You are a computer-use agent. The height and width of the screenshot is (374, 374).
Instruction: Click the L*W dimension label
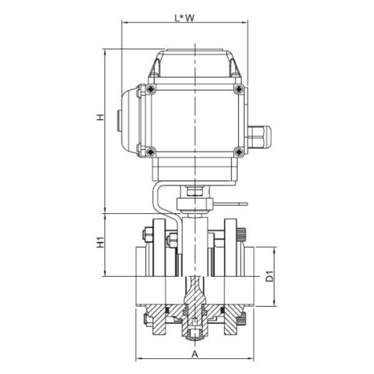(x=185, y=17)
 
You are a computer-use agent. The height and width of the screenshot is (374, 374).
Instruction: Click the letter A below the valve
(x=194, y=353)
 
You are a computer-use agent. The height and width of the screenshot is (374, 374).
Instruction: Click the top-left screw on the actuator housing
(x=150, y=90)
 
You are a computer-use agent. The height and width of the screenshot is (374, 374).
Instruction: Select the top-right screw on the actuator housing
(x=238, y=90)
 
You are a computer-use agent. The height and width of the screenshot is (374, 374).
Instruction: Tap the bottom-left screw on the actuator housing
(x=150, y=150)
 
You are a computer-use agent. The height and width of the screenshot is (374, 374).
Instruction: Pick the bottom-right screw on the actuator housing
(x=238, y=150)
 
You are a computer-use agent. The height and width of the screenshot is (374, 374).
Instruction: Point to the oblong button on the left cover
(x=118, y=120)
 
